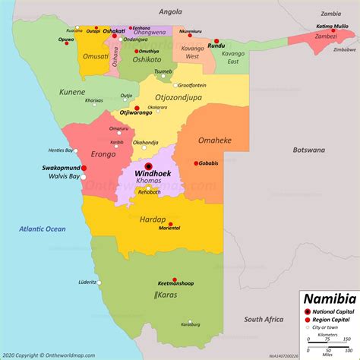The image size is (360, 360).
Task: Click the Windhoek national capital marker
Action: pos(148,166)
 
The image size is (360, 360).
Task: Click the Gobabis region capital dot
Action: pos(197,163)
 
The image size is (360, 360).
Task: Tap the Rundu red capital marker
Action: pos(216,41)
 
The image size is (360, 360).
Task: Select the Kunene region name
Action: pos(73,93)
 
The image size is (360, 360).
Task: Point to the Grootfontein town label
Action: pos(191,85)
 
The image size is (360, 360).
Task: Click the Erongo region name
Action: pos(103,154)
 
